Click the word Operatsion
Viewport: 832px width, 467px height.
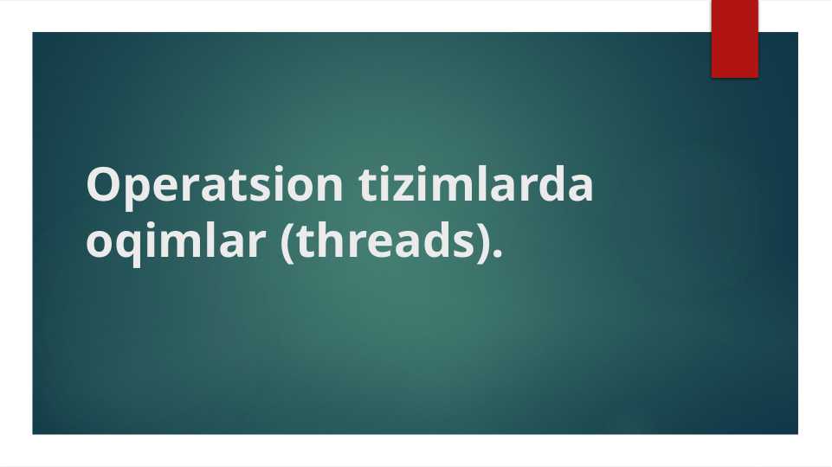(215, 187)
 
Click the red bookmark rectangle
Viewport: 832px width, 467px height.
(735, 39)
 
